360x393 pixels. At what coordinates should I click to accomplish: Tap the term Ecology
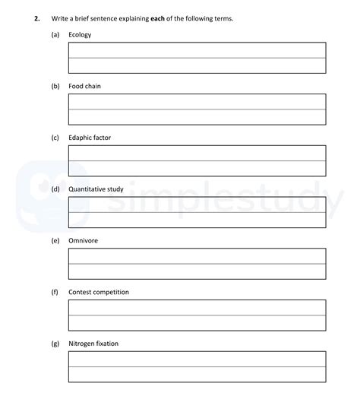[x=80, y=35]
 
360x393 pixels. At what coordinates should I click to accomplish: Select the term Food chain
[x=84, y=87]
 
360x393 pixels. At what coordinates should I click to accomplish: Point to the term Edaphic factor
[x=90, y=138]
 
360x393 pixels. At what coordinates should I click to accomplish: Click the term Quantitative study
[x=96, y=189]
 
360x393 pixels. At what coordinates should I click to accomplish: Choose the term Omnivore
[x=84, y=240]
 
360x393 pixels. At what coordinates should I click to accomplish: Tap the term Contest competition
[x=99, y=292]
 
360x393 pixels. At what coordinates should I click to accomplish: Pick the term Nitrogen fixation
[x=93, y=344]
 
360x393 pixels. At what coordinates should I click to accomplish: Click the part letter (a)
[x=55, y=35]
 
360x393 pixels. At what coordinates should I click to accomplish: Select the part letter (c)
[x=55, y=138]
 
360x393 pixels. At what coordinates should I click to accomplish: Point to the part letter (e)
[x=55, y=240]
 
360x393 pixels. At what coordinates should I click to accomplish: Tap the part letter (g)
[x=55, y=344]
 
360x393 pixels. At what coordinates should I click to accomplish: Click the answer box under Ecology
[x=197, y=58]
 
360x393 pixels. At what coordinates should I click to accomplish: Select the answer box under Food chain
[x=197, y=109]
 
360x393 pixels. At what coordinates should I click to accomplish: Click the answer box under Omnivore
[x=197, y=264]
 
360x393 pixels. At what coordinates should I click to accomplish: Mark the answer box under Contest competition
[x=197, y=315]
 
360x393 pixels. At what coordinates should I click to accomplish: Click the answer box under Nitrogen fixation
[x=197, y=366]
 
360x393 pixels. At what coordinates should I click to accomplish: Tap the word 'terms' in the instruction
[x=223, y=18]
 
